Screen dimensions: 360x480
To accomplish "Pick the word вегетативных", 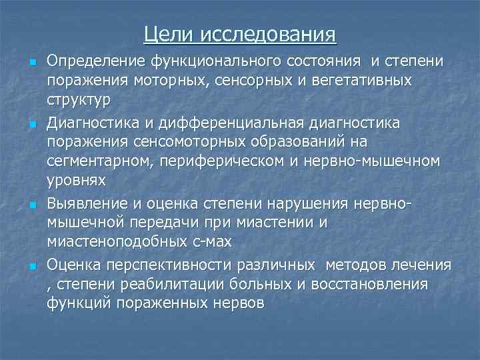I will tap(357, 81).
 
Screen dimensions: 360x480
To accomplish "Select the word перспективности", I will tap(158, 265).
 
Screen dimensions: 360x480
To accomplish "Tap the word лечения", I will tap(422, 265).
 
